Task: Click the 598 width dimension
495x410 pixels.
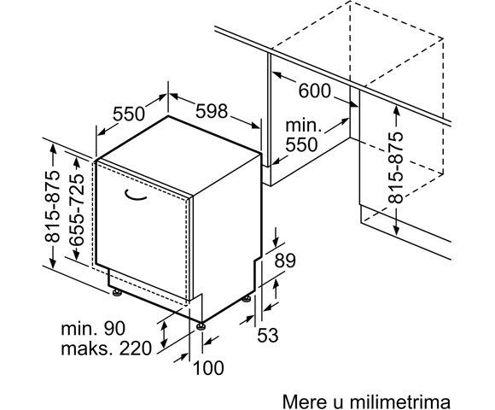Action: [212, 111]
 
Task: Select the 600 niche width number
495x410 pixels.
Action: [315, 91]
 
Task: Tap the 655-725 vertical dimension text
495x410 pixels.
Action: [77, 210]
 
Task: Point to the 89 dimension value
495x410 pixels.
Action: [285, 261]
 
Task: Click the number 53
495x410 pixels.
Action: [268, 335]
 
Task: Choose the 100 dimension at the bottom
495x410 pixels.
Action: [209, 368]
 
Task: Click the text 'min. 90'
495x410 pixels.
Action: [93, 329]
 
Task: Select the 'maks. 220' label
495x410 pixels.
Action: [107, 348]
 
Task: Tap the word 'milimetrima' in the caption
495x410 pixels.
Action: [399, 401]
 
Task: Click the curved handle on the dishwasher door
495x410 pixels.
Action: [135, 196]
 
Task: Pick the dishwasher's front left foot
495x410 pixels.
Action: [117, 292]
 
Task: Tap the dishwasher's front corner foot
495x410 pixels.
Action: [201, 326]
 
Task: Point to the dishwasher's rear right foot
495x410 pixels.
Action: [247, 298]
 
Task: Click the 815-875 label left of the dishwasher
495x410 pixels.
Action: [52, 207]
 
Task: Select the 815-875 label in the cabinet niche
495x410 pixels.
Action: [396, 167]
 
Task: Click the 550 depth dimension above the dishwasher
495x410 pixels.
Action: [129, 114]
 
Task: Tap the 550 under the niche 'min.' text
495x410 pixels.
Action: [301, 144]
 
